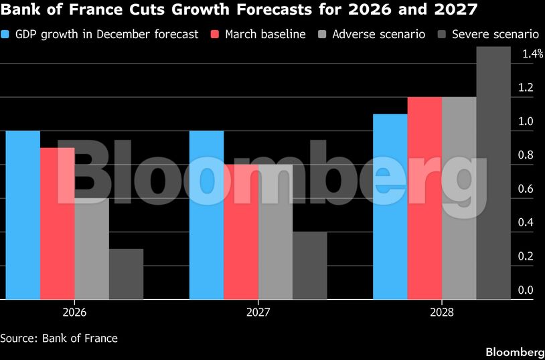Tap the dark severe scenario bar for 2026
tap(126, 274)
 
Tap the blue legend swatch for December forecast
tap(6, 34)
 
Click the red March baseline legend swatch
tap(216, 34)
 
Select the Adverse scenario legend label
tap(378, 34)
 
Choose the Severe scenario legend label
tap(496, 34)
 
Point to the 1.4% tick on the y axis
tap(533, 54)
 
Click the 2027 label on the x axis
tap(258, 312)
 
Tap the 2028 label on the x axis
tap(442, 312)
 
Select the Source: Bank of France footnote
tap(59, 338)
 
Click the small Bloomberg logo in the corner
tap(514, 352)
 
